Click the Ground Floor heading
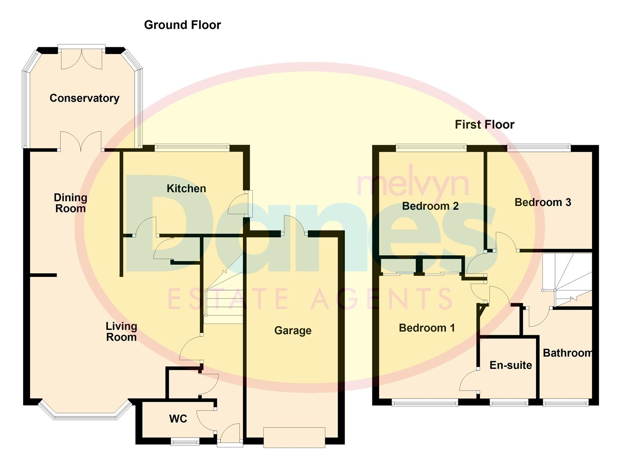(182, 25)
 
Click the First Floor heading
(484, 124)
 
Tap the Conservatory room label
(84, 98)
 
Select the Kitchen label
(186, 188)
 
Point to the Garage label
(292, 331)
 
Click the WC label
(178, 419)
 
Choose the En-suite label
(510, 365)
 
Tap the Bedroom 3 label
(542, 202)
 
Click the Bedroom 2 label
(430, 206)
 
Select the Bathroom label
(567, 353)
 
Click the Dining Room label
(70, 203)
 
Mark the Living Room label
(121, 331)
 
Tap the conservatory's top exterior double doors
(82, 58)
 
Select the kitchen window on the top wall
(192, 147)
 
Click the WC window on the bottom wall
(185, 441)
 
